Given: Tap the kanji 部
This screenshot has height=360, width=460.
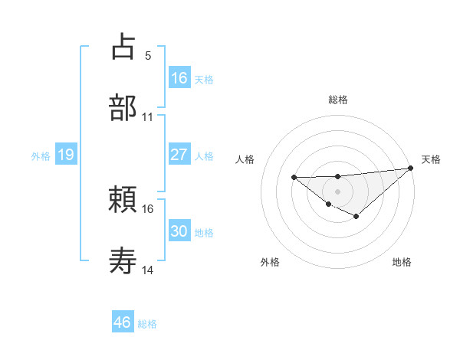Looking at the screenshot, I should click(123, 107).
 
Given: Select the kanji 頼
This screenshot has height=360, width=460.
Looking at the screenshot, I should click(123, 200).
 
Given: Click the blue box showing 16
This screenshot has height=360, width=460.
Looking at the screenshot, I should click(179, 78).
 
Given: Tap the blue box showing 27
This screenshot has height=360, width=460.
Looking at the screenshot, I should click(179, 155).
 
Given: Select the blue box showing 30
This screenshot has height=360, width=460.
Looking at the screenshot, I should click(179, 231).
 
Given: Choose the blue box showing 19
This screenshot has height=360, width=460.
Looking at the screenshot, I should click(65, 155).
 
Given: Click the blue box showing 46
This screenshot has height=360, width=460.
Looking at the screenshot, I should click(123, 322).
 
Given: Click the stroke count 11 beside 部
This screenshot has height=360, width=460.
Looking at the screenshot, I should click(148, 117).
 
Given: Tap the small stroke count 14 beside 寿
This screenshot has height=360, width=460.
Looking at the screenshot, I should click(148, 271).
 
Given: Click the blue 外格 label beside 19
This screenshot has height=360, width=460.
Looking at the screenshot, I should click(41, 156).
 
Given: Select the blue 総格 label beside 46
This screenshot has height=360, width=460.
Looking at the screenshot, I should click(147, 323).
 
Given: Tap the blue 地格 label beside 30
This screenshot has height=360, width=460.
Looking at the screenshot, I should click(204, 232).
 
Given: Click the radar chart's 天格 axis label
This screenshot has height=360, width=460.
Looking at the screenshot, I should click(431, 159).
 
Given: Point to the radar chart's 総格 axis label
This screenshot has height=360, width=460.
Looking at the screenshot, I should click(337, 100).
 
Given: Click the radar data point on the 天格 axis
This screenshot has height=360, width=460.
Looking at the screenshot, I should click(411, 168).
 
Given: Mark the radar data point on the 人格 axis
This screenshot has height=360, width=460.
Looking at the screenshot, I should click(294, 178).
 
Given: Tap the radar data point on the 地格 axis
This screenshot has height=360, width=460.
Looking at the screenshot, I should click(356, 218).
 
